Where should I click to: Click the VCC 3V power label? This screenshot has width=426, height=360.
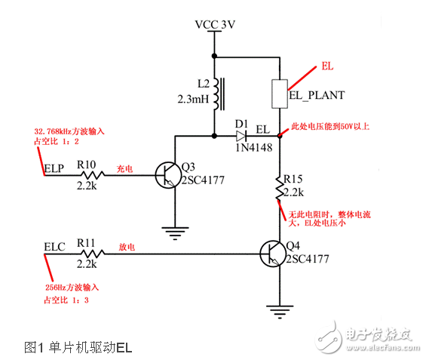(215, 24)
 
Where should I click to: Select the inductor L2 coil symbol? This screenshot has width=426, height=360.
(216, 92)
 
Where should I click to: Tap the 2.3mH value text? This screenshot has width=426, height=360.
(193, 99)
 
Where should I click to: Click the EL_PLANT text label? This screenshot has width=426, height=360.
(317, 95)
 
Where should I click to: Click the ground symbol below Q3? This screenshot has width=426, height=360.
(175, 232)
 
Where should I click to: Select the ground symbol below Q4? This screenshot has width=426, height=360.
(280, 309)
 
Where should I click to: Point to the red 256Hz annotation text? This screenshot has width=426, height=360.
(74, 288)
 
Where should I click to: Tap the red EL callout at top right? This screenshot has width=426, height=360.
(327, 66)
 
